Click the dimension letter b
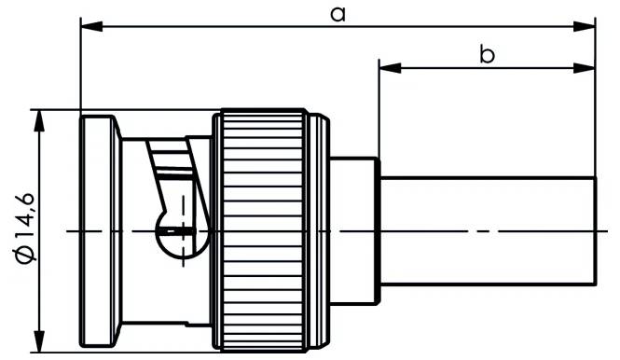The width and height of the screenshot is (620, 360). click(487, 55)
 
